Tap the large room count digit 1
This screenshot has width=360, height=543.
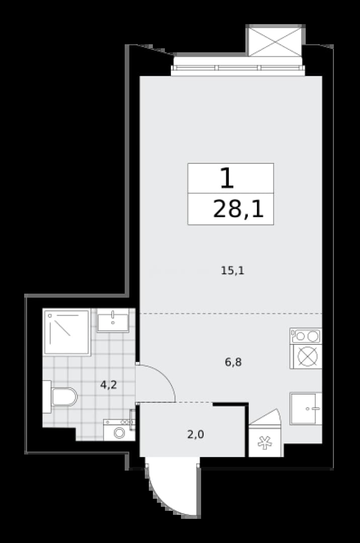coord(227,178)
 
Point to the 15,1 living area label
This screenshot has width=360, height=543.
coord(233,270)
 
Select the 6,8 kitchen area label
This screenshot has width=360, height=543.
coord(233,362)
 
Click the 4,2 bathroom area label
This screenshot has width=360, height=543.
coord(109,385)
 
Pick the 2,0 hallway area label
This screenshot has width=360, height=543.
coord(196,434)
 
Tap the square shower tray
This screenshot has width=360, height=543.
coord(67,332)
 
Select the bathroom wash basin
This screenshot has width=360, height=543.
coord(113,320)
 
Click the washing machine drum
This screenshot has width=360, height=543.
coord(120,433)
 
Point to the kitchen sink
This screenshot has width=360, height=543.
coord(306,409)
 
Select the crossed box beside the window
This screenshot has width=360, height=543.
coord(276,41)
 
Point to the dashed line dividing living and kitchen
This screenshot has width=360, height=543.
coord(231,313)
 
